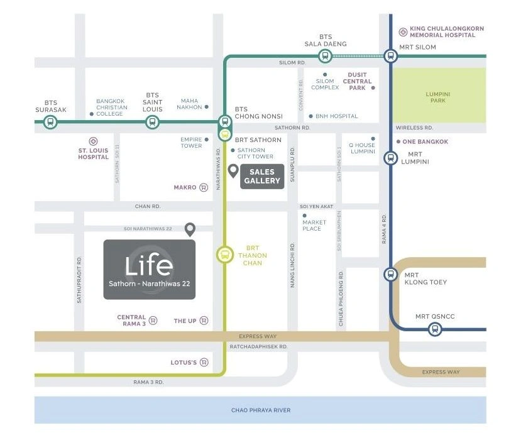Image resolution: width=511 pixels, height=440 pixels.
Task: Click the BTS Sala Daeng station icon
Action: [x=324, y=57]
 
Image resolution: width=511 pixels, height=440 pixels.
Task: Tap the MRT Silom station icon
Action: [x=391, y=57]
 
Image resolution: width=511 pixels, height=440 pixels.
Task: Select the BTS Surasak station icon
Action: [x=50, y=122]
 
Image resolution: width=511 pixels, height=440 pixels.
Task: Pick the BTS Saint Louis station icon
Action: [x=151, y=122]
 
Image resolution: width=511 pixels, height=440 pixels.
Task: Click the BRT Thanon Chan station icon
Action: [x=224, y=255]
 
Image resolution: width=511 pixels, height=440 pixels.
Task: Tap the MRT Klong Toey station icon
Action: [x=391, y=275]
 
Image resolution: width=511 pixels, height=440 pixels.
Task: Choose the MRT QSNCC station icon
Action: [x=434, y=329]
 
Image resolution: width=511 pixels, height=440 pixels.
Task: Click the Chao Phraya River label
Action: [x=261, y=410]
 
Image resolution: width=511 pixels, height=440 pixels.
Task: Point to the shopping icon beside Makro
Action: [x=204, y=187]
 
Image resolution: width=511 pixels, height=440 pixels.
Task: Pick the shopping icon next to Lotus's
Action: [x=204, y=362]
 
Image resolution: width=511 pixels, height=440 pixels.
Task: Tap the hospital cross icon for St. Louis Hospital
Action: [x=93, y=141]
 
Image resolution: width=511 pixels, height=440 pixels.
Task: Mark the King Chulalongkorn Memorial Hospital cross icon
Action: [x=403, y=31]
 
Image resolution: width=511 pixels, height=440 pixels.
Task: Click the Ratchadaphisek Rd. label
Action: [x=258, y=346]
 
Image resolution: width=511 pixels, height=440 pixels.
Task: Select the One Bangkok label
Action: [x=425, y=142]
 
